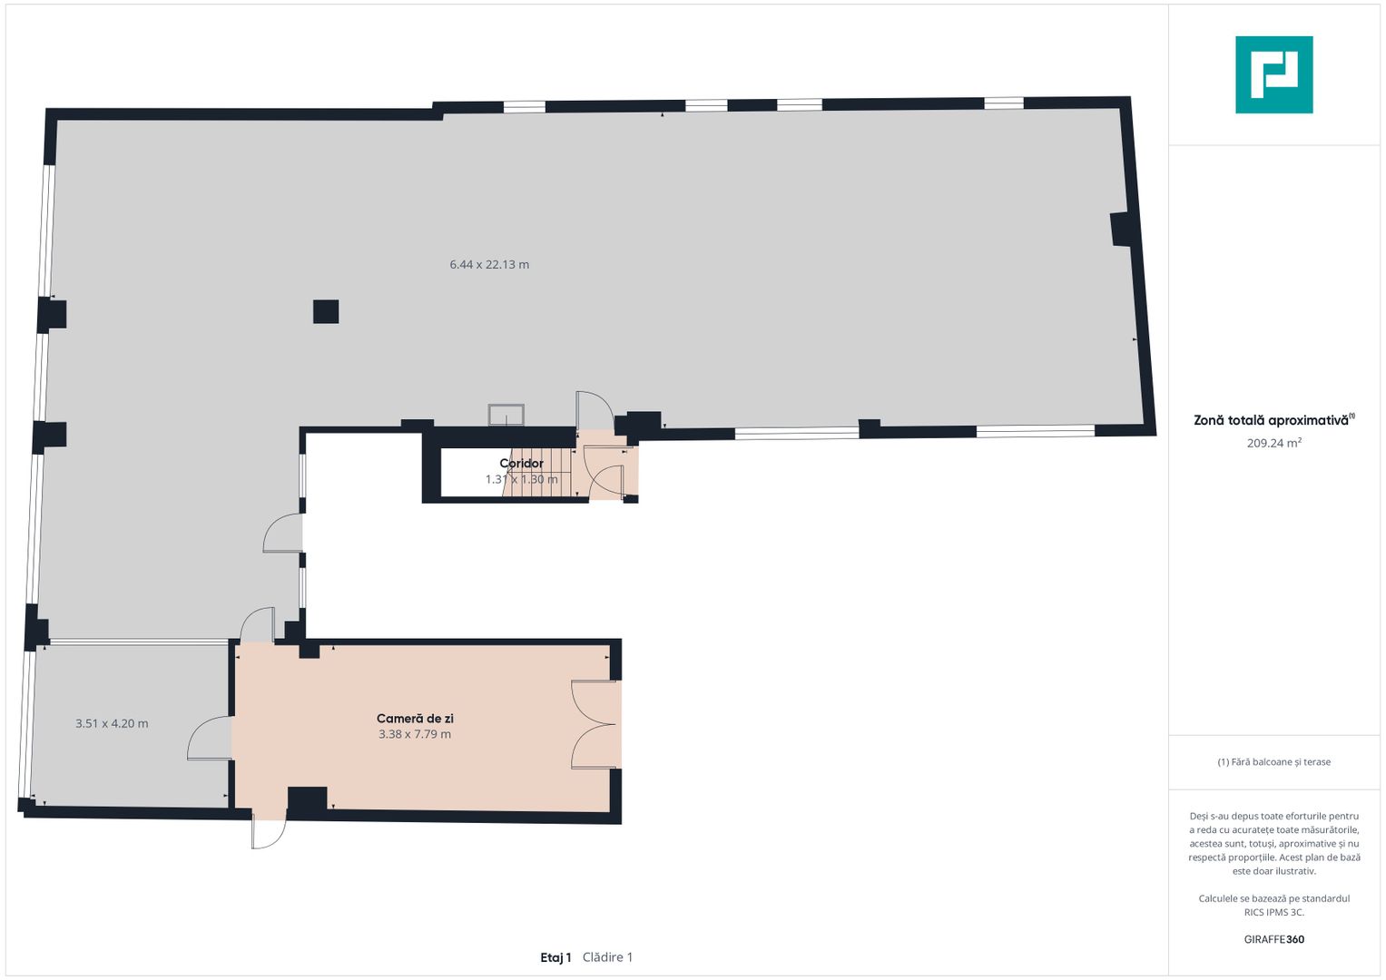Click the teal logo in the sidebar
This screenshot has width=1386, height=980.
1274,74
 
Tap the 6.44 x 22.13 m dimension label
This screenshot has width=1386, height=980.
489,265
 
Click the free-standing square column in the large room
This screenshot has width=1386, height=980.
326,311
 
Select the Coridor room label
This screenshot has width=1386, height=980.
522,464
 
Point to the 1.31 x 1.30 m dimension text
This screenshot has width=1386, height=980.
522,479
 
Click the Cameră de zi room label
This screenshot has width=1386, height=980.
415,719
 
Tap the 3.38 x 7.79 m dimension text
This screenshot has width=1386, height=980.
415,734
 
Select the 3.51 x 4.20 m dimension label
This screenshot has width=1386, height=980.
112,723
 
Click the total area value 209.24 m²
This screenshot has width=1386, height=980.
1274,443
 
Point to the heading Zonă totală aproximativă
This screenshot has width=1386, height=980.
1272,421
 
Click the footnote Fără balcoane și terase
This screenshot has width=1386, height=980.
1274,762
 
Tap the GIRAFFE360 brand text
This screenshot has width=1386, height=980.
1274,939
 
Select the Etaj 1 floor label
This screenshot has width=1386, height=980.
555,957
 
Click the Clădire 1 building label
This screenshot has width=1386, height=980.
607,957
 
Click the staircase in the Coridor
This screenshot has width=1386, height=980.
537,473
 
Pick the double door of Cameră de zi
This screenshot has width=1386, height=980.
595,724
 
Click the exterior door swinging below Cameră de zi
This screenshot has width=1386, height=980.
269,833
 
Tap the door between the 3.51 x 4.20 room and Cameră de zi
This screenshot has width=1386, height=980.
210,738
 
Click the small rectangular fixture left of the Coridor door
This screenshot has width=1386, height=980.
506,415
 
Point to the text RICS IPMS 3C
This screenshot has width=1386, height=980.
1274,912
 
